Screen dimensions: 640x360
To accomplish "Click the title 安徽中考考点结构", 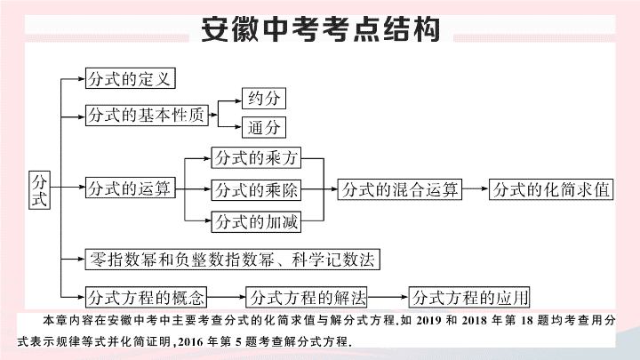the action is pos(320,29).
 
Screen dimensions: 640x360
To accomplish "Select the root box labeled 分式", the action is pos(40,190).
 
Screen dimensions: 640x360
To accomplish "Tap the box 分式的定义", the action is pos(130,78).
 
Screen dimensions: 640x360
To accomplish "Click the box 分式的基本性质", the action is pos(147,115).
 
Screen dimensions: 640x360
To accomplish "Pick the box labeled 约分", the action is pos(264,99).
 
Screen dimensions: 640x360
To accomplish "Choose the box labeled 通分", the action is pos(264,127).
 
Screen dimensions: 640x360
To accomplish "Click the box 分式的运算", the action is pos(130,188).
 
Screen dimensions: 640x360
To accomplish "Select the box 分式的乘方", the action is pos(256,157).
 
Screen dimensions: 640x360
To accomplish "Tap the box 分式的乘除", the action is pos(256,190).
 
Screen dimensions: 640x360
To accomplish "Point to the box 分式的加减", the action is pos(256,221).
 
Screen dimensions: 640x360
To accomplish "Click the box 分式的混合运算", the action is pos(400,189).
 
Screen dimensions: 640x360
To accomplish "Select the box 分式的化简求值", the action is pos(551,189).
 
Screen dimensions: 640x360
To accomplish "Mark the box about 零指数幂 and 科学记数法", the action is pos(232,260).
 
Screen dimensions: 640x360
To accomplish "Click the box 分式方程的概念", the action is pos(146,297).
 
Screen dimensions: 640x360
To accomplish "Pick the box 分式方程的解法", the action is pos(306,297).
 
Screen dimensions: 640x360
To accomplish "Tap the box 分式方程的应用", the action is pos(469,297).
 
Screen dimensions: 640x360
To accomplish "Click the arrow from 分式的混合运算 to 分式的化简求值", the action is pos(476,188).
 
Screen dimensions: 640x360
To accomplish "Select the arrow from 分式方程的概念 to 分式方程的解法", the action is pos(226,297).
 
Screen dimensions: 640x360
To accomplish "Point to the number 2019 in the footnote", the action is pos(428,320).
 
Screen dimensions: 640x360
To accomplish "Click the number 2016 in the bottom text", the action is pos(190,341).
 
